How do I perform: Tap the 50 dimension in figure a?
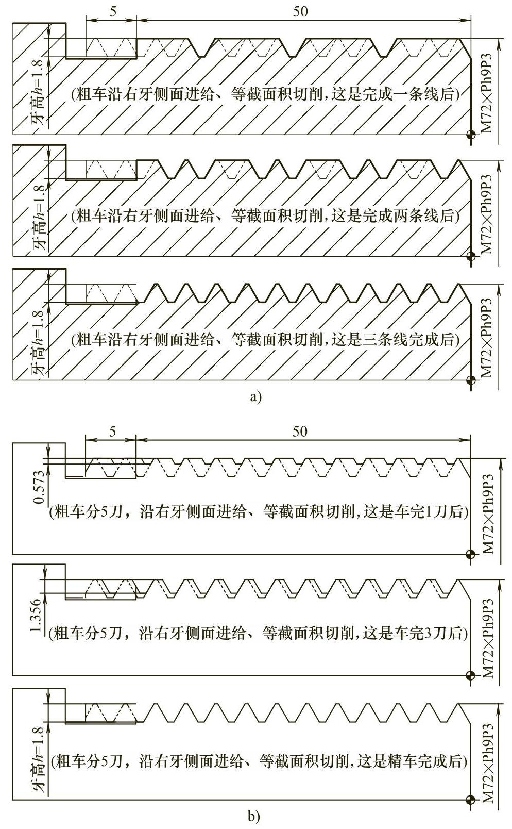(300, 11)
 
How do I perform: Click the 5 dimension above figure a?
(112, 11)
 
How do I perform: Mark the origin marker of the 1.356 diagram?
(470, 675)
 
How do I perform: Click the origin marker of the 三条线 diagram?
(470, 380)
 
